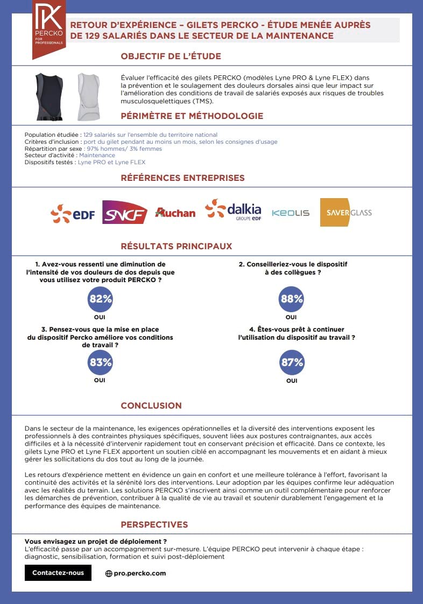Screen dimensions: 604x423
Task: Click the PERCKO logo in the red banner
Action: tap(49, 29)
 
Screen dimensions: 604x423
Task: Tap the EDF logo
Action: tap(73, 214)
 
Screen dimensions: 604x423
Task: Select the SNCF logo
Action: tap(125, 213)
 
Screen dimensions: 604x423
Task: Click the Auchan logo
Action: tap(175, 213)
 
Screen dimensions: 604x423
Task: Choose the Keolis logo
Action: tap(291, 213)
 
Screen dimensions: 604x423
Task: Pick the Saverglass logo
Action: tap(346, 212)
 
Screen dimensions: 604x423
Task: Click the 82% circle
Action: tap(100, 299)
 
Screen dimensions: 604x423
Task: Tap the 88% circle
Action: tap(292, 299)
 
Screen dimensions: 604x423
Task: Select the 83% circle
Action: tap(100, 362)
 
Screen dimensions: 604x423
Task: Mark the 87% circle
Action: tap(292, 362)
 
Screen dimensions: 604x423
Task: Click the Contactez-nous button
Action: tap(58, 573)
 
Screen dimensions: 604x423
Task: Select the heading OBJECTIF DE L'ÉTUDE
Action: tap(171, 57)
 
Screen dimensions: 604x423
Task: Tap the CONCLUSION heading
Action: tap(151, 406)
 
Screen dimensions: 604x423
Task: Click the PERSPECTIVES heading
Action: tap(154, 525)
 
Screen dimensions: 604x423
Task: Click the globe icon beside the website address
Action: tap(109, 574)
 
